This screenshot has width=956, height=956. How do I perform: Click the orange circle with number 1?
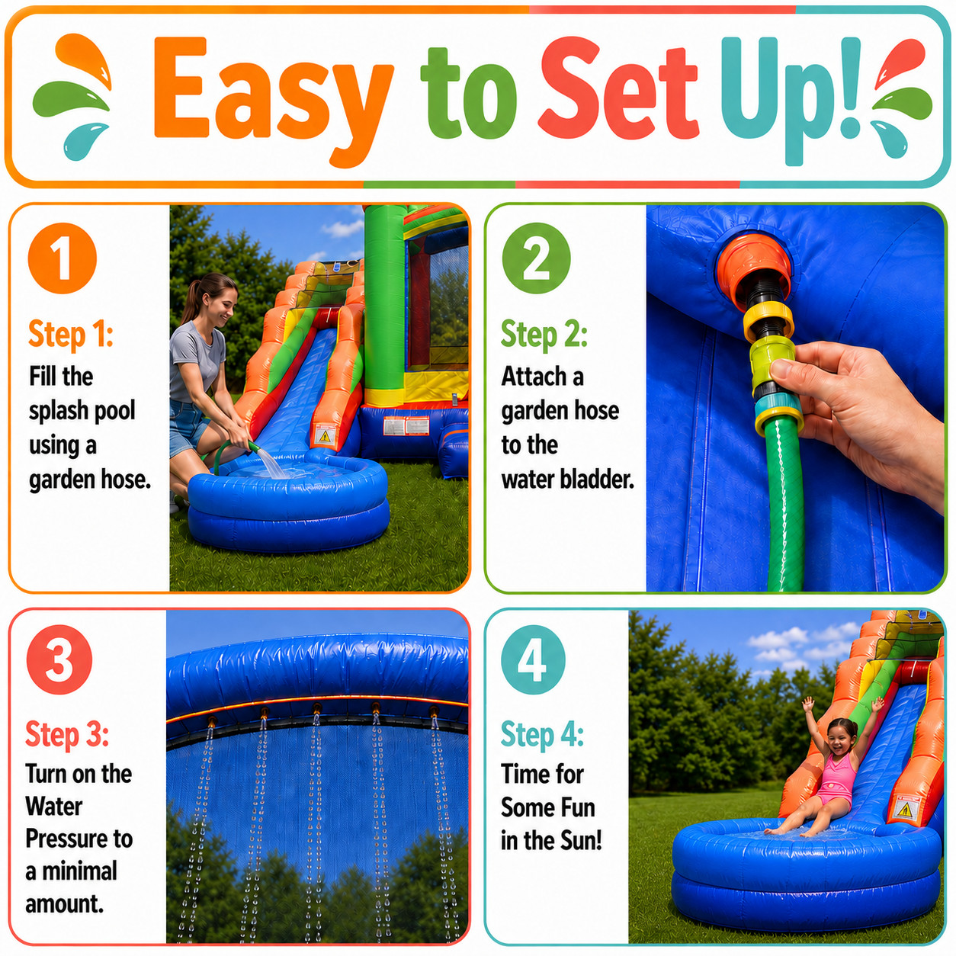coord(62,258)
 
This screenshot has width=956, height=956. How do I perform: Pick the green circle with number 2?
coord(536,258)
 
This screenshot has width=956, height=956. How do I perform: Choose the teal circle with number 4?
coord(533,660)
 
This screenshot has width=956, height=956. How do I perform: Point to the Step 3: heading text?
coord(67,734)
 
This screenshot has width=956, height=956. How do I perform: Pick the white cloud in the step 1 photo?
coord(342,228)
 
